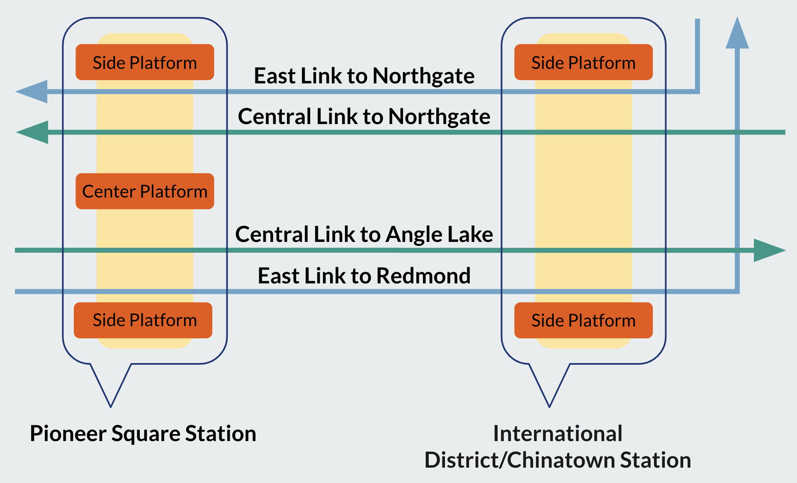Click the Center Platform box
pyautogui.click(x=145, y=191)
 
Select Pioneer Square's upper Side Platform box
pyautogui.click(x=145, y=62)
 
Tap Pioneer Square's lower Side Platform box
pyautogui.click(x=143, y=320)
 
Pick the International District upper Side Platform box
pyautogui.click(x=583, y=62)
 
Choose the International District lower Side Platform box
pyautogui.click(x=583, y=320)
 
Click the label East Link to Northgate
pyautogui.click(x=364, y=76)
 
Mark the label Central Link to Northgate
pyautogui.click(x=364, y=117)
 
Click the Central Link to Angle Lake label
pyautogui.click(x=364, y=234)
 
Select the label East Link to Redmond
pyautogui.click(x=364, y=276)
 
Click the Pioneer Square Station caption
pyautogui.click(x=143, y=434)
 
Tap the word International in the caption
pyautogui.click(x=558, y=434)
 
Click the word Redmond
pyautogui.click(x=423, y=276)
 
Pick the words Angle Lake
pyautogui.click(x=440, y=234)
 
